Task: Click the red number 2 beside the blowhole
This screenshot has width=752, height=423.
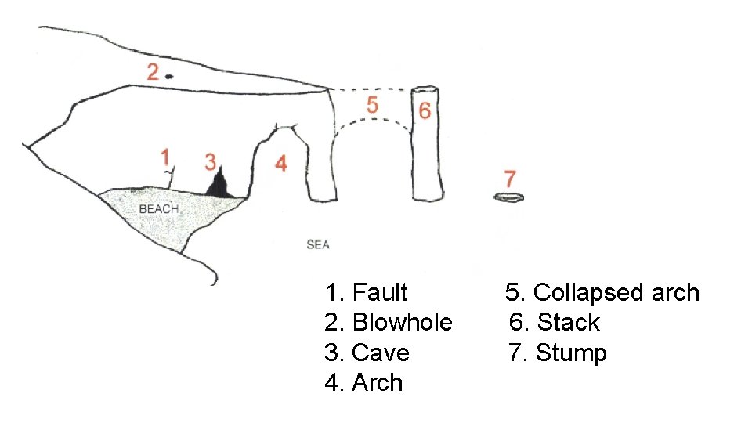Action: [x=153, y=72]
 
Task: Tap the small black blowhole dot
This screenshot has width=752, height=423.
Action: [x=169, y=76]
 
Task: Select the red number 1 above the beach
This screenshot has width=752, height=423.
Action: [x=165, y=157]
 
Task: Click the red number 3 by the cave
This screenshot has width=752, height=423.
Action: [x=210, y=162]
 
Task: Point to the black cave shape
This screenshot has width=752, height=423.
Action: [x=219, y=185]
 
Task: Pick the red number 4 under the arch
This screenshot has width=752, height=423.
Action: [x=280, y=163]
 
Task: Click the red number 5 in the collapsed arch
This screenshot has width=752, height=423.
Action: [x=373, y=104]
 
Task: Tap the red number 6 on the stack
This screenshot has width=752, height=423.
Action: [x=425, y=110]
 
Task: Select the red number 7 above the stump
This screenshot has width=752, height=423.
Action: [x=510, y=178]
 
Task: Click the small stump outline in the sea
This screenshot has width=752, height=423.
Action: [x=508, y=197]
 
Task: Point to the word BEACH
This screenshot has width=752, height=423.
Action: [x=159, y=209]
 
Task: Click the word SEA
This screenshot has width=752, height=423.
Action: [x=318, y=245]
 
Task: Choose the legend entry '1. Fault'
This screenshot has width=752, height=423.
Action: [x=366, y=293]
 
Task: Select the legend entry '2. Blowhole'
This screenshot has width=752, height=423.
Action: [x=388, y=323]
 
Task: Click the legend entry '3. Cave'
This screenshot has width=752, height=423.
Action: [x=367, y=353]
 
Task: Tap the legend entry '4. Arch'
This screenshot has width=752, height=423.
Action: [x=363, y=383]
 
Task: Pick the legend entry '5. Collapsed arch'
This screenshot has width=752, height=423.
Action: [x=602, y=293]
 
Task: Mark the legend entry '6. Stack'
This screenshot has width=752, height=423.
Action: [x=554, y=323]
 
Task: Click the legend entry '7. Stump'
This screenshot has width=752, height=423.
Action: [x=557, y=353]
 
